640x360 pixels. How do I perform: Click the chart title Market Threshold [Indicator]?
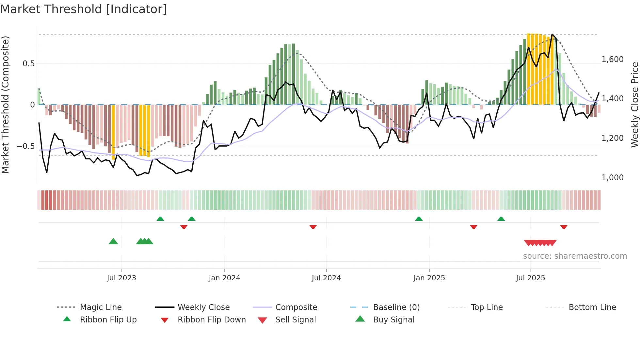pos(84,9)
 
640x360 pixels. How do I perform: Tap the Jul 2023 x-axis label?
pos(121,278)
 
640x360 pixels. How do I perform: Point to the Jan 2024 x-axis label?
pos(224,278)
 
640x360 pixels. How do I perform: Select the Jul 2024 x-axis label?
pos(326,278)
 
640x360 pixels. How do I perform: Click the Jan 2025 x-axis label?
pos(429,278)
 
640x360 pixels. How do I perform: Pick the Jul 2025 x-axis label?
pos(530,278)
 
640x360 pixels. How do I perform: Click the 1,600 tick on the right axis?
pos(612,59)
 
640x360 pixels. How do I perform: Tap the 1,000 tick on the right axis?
pos(612,178)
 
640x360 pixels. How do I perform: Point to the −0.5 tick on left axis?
pos(25,146)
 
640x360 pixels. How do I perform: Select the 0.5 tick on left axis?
pos(28,63)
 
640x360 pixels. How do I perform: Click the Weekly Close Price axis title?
pos(634,105)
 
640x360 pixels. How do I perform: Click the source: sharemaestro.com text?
pos(575,256)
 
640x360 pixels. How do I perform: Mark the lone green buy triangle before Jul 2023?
pos(113,241)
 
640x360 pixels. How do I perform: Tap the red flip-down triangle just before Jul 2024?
pos(313,227)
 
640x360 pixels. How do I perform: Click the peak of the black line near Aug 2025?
pos(552,34)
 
